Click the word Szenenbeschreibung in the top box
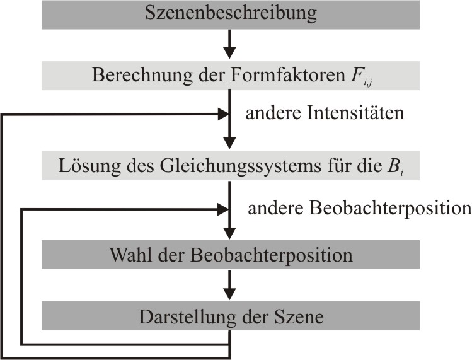tap(231, 14)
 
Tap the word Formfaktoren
tap(288, 75)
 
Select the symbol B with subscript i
tap(395, 167)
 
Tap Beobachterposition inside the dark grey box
tap(271, 255)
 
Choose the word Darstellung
tap(188, 317)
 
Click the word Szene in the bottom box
tap(299, 316)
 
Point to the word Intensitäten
tap(355, 113)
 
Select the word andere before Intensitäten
tap(273, 113)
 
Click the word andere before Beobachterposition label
tap(275, 208)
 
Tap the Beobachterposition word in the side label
tap(391, 208)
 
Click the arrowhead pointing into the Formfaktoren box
tap(229, 53)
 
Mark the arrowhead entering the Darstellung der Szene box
tap(229, 294)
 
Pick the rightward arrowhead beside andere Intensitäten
tap(223, 114)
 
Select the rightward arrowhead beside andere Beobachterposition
tap(223, 209)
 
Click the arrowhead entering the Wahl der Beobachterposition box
tap(229, 233)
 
